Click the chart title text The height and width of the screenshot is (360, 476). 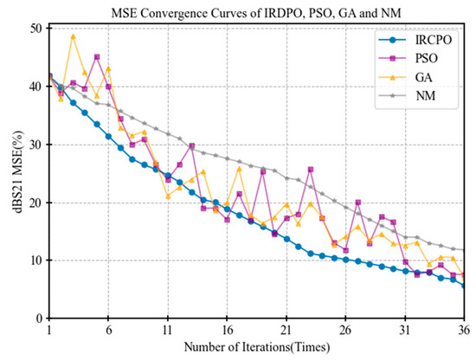(256, 13)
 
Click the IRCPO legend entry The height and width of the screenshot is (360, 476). (415, 40)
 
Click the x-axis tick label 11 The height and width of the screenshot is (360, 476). (168, 330)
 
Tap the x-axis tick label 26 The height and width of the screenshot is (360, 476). (345, 330)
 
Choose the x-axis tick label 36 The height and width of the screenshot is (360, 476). (465, 330)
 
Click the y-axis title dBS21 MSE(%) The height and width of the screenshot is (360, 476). (18, 172)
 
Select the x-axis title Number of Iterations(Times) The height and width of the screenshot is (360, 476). (257, 347)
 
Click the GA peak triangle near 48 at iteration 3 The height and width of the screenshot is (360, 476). (73, 36)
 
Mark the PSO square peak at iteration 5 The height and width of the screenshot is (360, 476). (97, 57)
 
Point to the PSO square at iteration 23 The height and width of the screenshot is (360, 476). (310, 170)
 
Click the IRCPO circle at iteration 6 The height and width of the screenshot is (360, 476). (108, 137)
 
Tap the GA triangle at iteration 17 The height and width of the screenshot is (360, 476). (239, 169)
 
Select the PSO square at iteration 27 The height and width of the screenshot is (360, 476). (358, 202)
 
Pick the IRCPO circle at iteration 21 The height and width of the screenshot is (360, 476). (286, 239)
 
